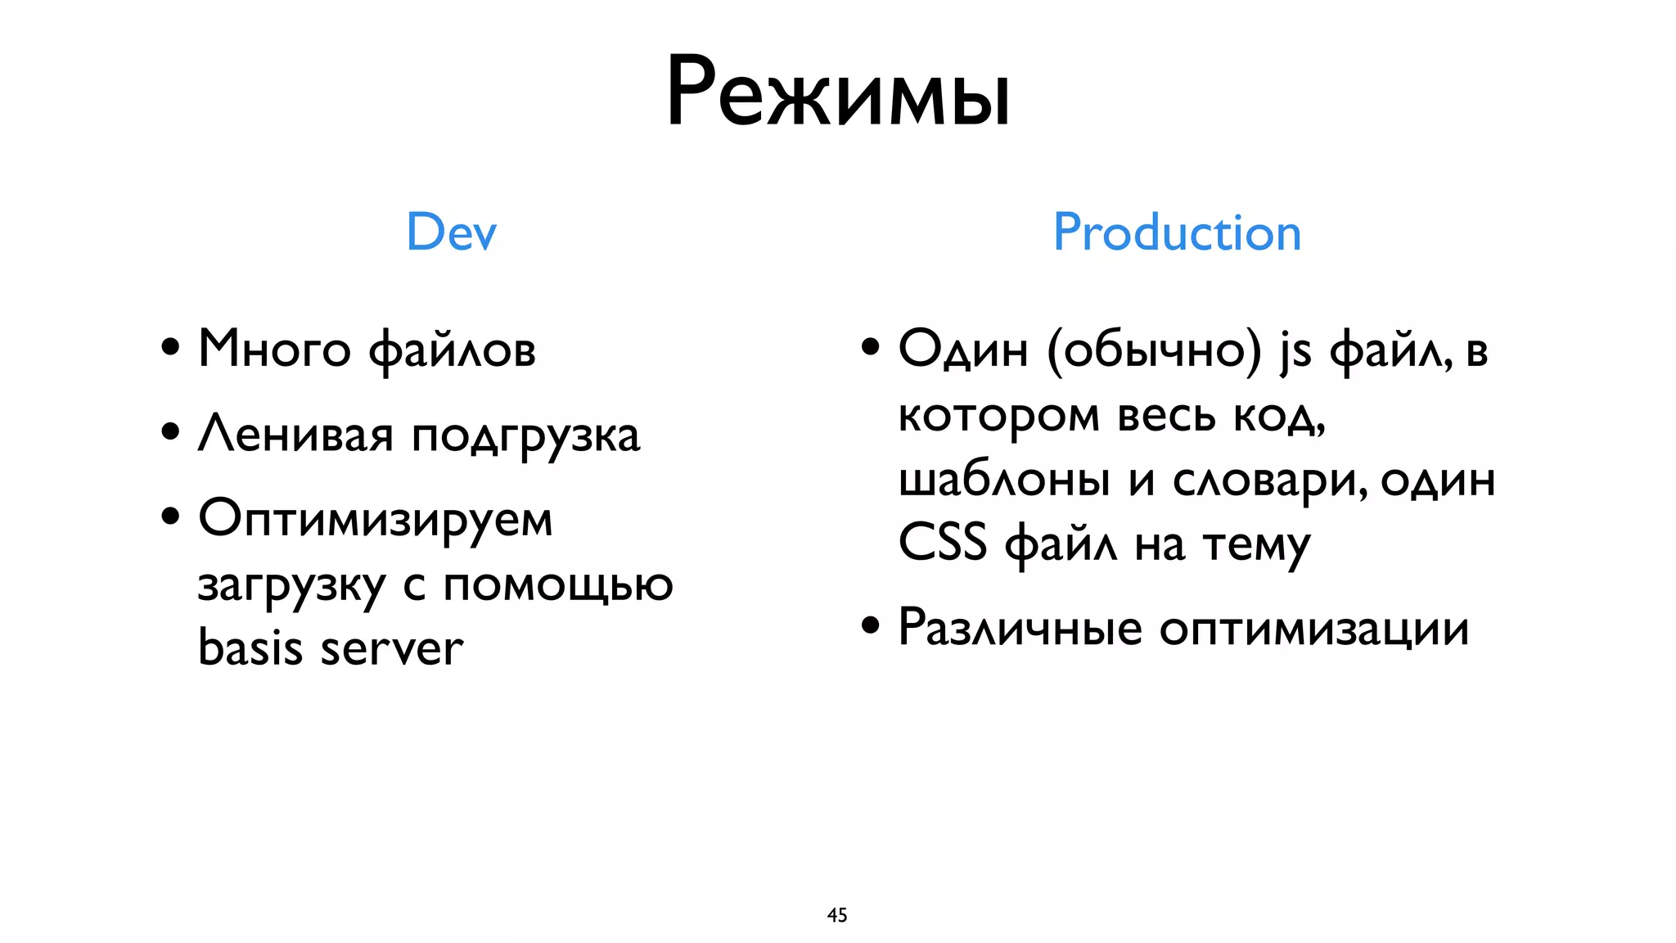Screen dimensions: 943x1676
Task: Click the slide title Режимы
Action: (x=838, y=92)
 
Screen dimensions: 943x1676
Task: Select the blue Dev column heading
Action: (x=451, y=232)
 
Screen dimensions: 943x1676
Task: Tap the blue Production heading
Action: (x=1176, y=232)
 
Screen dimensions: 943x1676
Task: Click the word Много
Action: (x=274, y=350)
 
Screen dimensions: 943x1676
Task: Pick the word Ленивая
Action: (x=295, y=434)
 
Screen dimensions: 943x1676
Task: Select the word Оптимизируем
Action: (x=376, y=520)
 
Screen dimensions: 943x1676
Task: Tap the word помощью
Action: (x=558, y=585)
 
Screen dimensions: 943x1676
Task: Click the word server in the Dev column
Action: (x=391, y=649)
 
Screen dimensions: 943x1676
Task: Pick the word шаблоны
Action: (x=1003, y=480)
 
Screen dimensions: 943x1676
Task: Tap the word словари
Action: (x=1269, y=480)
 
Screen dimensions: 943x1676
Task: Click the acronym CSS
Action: (x=942, y=542)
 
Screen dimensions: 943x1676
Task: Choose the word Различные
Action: (x=1020, y=629)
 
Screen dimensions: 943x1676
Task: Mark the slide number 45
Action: (x=837, y=915)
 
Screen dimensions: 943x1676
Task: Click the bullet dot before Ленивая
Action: (x=170, y=431)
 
